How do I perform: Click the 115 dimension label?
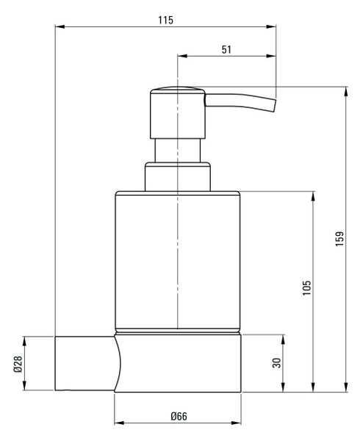[165, 21]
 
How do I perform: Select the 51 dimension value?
[226, 50]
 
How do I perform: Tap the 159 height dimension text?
[339, 239]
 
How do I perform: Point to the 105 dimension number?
[307, 287]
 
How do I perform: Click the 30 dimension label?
[277, 363]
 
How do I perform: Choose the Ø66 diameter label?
[179, 416]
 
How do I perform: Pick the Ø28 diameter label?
[18, 365]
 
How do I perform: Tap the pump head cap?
[178, 112]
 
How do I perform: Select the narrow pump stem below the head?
[178, 151]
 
